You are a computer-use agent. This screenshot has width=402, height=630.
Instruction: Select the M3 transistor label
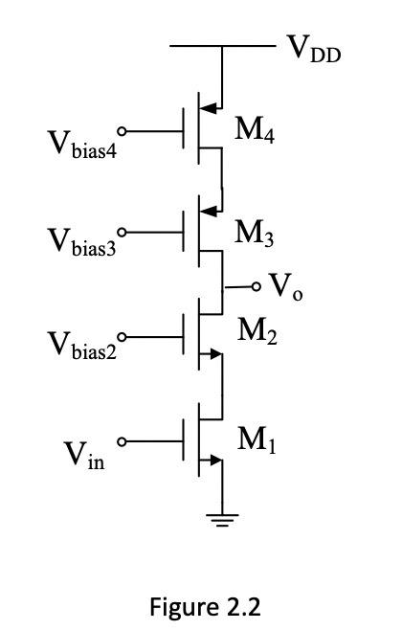point(256,234)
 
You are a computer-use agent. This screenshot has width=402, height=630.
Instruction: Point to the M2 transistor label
point(257,331)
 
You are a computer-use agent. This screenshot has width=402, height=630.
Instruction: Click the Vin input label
point(85,457)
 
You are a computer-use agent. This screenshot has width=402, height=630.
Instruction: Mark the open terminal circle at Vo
point(257,286)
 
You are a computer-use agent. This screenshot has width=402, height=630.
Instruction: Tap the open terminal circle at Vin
point(122,441)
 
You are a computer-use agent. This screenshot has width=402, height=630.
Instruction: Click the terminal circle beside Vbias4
point(122,130)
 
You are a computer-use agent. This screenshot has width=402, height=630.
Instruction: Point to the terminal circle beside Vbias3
point(122,232)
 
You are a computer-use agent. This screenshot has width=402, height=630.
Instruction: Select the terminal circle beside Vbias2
point(122,336)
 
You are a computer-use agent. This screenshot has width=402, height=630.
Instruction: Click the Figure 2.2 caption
point(205,606)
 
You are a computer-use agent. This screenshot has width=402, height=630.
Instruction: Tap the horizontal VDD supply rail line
point(221,45)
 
